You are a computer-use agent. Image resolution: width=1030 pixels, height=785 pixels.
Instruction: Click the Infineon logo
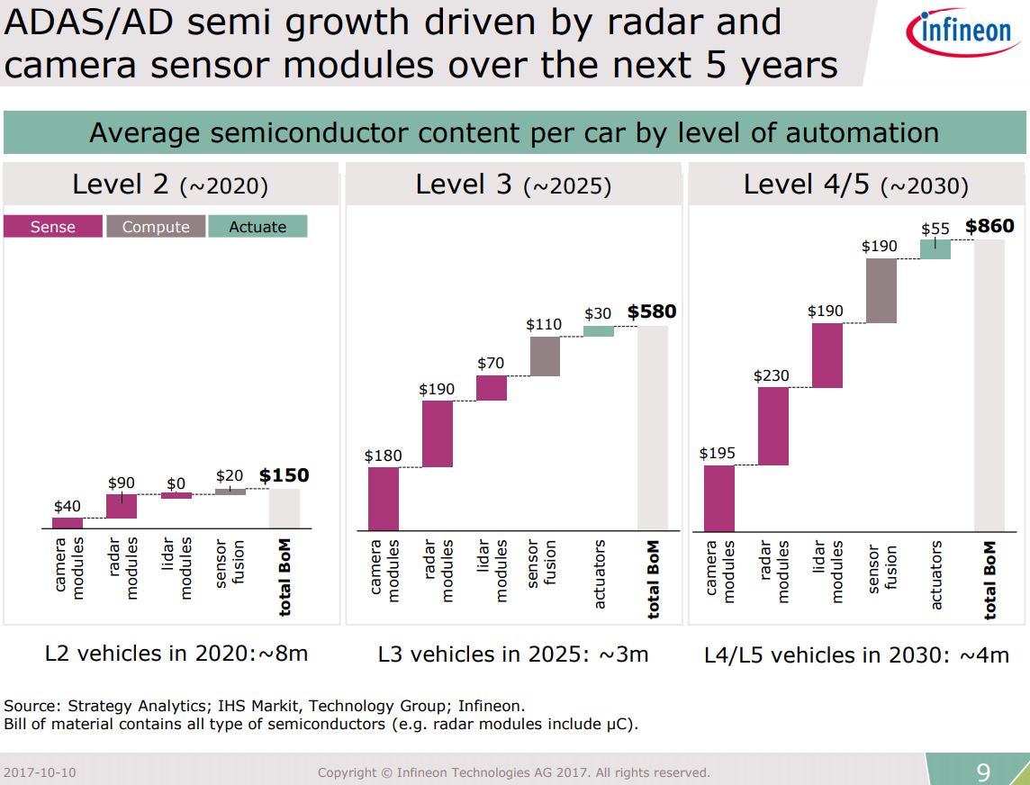tap(959, 33)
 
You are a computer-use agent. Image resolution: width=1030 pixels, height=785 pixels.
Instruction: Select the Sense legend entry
tap(53, 227)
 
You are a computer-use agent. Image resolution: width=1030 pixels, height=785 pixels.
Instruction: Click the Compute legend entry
tap(156, 227)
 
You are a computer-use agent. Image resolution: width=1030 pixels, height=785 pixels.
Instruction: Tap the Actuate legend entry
tap(257, 227)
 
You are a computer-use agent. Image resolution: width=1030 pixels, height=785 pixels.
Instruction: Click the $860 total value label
tap(989, 226)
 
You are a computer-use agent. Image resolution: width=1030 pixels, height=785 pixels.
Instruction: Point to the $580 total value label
tap(652, 311)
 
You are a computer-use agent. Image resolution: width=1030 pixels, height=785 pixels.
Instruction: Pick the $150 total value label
tap(284, 475)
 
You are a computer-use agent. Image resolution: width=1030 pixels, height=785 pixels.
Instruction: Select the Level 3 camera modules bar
tap(384, 499)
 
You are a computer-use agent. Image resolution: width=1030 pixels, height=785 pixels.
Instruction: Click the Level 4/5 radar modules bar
tap(773, 426)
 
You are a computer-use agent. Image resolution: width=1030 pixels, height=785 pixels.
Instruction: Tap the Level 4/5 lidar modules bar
tap(827, 355)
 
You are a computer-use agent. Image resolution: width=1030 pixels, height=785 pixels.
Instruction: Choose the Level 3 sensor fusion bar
tap(545, 356)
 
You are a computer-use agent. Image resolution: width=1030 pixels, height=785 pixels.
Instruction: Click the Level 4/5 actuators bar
tap(935, 249)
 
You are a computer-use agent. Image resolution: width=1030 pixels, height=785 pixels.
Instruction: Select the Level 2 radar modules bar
tap(122, 506)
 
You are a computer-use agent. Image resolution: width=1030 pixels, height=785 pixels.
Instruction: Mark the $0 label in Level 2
tap(176, 483)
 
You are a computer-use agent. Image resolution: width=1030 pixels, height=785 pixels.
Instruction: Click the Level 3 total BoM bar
tap(653, 429)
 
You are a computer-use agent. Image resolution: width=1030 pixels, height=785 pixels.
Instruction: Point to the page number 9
tap(983, 771)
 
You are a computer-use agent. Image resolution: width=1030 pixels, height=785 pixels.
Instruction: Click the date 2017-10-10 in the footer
tap(40, 772)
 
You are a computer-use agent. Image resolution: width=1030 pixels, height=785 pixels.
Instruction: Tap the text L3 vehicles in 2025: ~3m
tap(513, 654)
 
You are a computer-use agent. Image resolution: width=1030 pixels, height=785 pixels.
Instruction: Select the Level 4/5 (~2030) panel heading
tap(855, 185)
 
